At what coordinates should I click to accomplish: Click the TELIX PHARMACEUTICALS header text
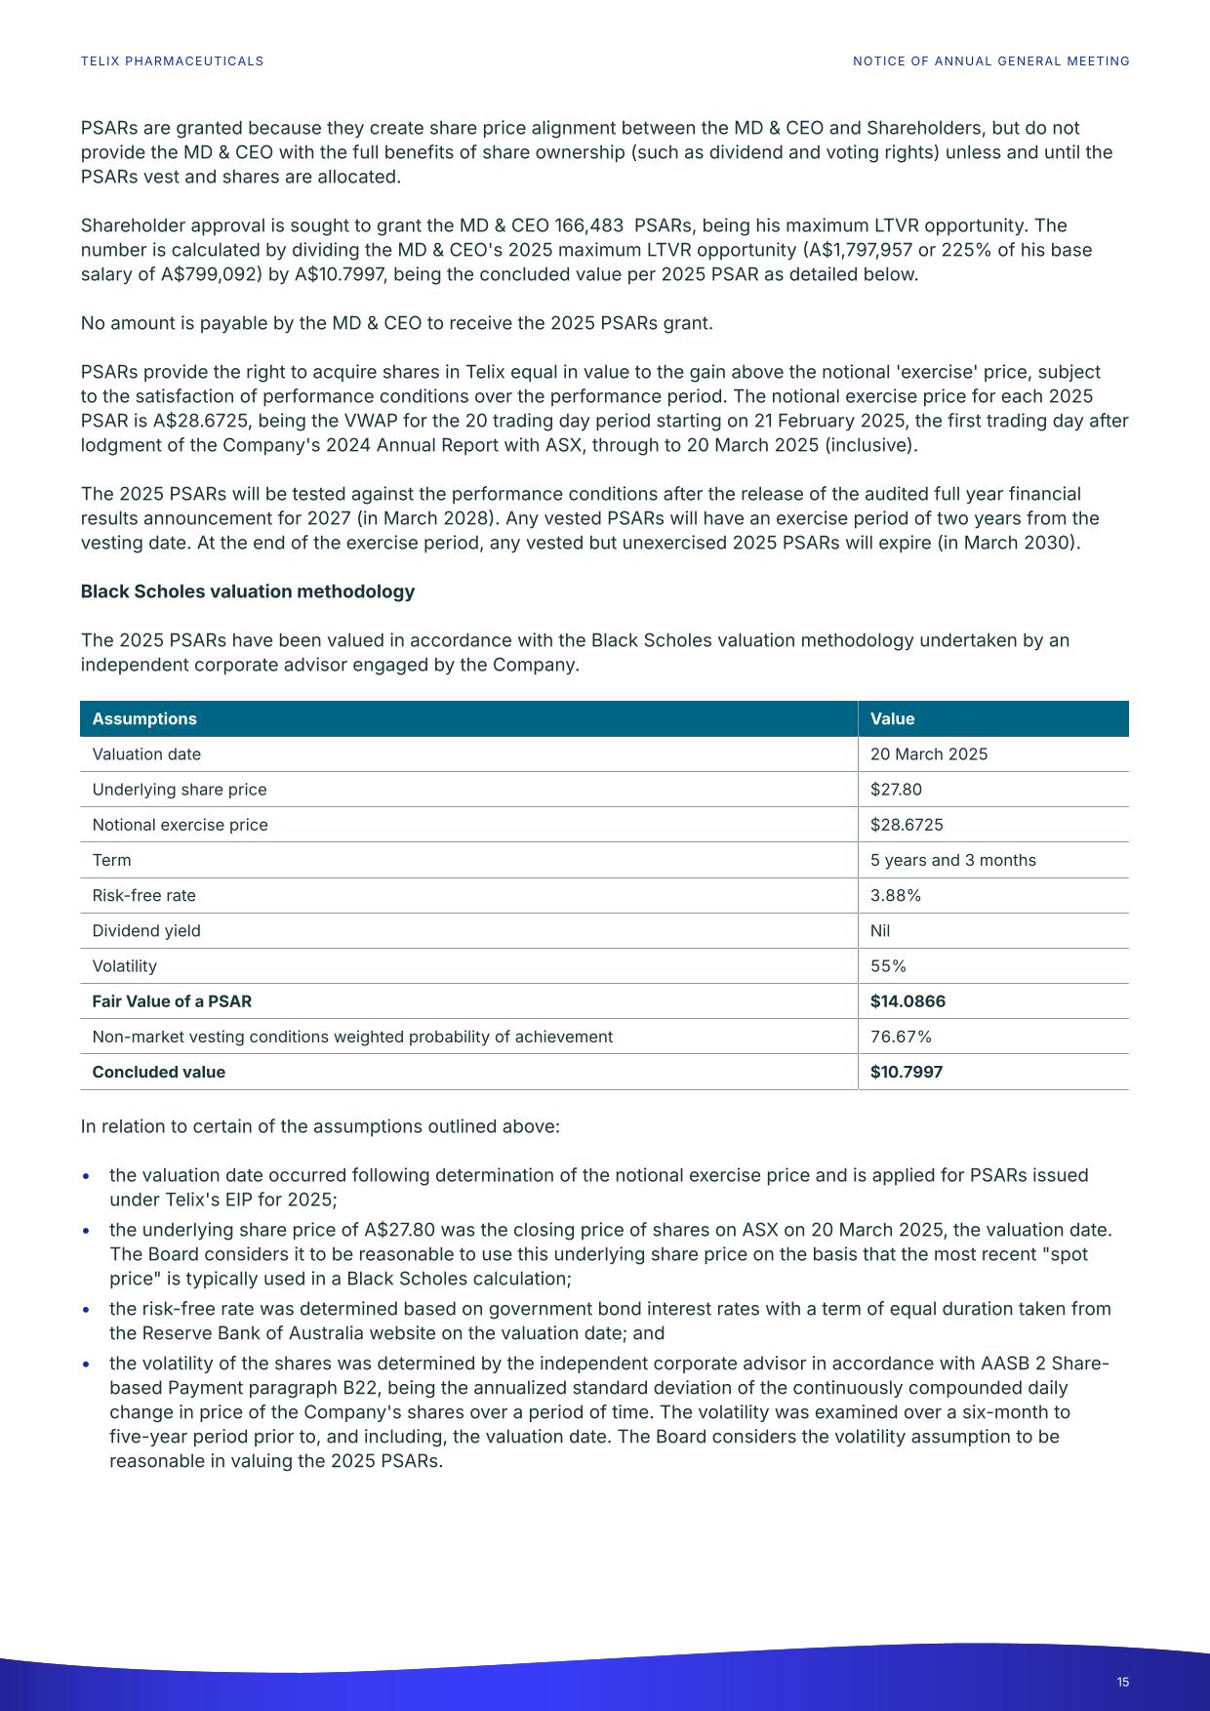click(x=172, y=61)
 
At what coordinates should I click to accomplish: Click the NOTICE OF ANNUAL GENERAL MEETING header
click(x=990, y=61)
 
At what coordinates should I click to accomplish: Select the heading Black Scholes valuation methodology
click(x=247, y=591)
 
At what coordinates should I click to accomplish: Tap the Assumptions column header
click(x=144, y=719)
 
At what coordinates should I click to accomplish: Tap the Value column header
click(x=892, y=719)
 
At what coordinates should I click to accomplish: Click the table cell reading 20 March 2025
click(x=928, y=754)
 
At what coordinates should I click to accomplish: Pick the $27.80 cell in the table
click(x=896, y=790)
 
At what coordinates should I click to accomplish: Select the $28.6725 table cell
click(x=907, y=825)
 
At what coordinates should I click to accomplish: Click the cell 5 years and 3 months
click(x=952, y=860)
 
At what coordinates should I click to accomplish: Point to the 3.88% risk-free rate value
click(x=895, y=895)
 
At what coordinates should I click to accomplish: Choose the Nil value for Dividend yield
click(x=880, y=931)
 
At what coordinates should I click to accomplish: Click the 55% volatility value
click(x=888, y=966)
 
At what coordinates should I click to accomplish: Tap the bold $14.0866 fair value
click(x=907, y=1001)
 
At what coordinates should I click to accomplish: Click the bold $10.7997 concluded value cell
click(x=907, y=1072)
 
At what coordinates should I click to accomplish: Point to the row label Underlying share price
click(x=179, y=790)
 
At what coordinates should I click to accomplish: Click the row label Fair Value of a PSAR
click(x=172, y=1001)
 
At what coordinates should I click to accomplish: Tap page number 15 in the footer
click(x=1123, y=1682)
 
